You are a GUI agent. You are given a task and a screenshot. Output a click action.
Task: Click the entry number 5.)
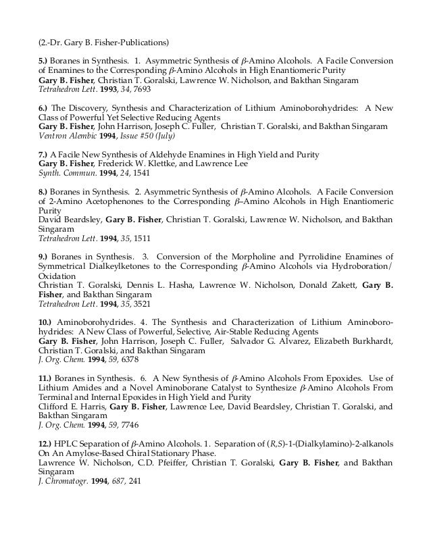tap(44, 61)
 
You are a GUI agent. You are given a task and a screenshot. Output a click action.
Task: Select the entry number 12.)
tap(46, 442)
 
